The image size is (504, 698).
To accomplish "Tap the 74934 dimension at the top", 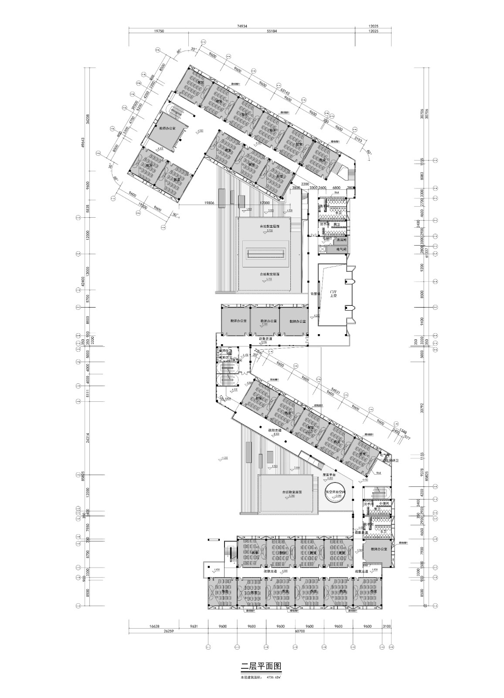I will coord(242,26).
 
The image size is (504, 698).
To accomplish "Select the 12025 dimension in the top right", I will coord(373,26).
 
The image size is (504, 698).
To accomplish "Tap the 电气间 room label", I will coord(341,249).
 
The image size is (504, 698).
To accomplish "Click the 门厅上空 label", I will coord(334,294).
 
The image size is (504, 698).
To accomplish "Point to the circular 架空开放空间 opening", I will coord(335,492).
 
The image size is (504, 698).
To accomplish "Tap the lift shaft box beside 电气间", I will coord(324,249).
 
